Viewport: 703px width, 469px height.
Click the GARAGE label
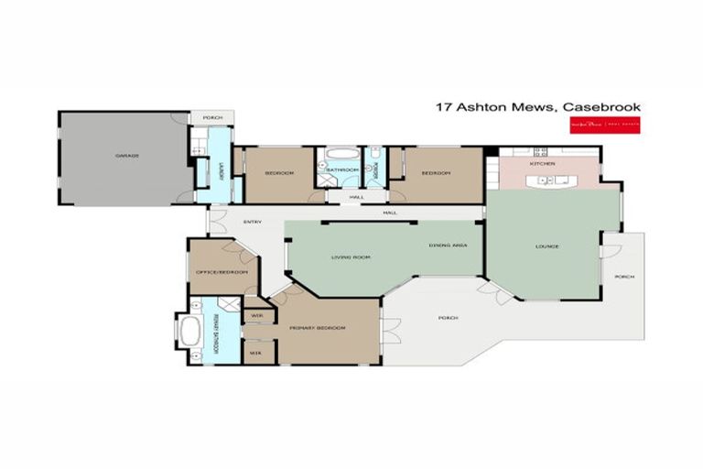[x=126, y=156]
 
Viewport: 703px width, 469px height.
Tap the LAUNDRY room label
[x=221, y=170]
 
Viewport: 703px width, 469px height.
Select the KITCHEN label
[x=543, y=163]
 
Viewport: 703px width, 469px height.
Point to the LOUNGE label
[x=547, y=246]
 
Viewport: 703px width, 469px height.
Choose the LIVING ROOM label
[x=350, y=257]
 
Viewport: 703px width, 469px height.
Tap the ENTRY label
[x=253, y=222]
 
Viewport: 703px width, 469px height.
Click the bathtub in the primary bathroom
[x=190, y=330]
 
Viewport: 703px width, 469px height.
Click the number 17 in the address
[x=443, y=107]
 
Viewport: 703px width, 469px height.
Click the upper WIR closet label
[x=255, y=317]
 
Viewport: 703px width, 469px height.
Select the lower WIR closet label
[x=255, y=350]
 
